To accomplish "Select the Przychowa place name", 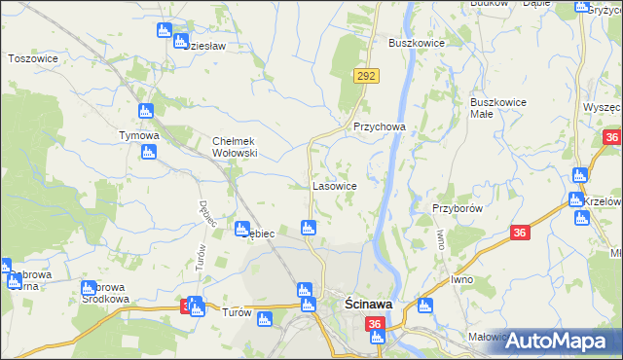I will click(x=379, y=126).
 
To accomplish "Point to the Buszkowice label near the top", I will click(x=417, y=44).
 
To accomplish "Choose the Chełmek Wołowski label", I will click(x=235, y=147).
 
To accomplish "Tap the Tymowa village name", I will click(x=138, y=135).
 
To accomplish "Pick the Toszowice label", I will click(x=34, y=58).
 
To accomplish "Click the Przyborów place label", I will click(x=457, y=208).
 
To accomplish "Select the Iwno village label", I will click(x=461, y=279).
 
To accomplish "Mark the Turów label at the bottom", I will click(x=238, y=313).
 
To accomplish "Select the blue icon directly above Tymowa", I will click(x=146, y=111).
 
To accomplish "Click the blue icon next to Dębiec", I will click(x=241, y=229).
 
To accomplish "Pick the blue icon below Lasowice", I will click(x=309, y=228).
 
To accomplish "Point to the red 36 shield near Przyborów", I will click(x=520, y=233).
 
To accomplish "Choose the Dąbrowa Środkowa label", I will click(x=105, y=294).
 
